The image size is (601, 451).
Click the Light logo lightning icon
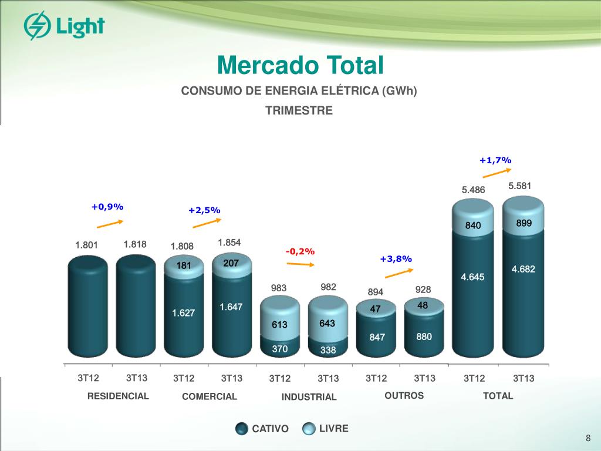coord(36,26)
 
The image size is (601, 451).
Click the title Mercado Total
coord(300,65)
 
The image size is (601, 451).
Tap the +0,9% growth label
coord(107,207)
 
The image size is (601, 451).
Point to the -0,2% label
coord(300,251)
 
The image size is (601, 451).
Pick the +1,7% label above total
coord(495,160)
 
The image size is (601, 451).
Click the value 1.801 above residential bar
coord(86,245)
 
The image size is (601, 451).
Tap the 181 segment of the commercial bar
coord(184,265)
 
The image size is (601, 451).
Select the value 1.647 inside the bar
coord(231,307)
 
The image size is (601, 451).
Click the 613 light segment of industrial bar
coord(279,324)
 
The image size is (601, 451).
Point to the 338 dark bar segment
coord(328,350)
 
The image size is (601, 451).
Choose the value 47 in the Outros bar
coord(376,309)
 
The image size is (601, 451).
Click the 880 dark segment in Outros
coord(424,336)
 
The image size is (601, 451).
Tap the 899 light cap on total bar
coord(524,223)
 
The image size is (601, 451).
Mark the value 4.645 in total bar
coord(472,277)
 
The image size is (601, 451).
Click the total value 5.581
coord(520,186)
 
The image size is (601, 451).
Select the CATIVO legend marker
coord(241,429)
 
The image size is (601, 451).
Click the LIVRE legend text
coord(333,429)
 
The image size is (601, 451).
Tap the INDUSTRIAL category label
coord(309,397)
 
